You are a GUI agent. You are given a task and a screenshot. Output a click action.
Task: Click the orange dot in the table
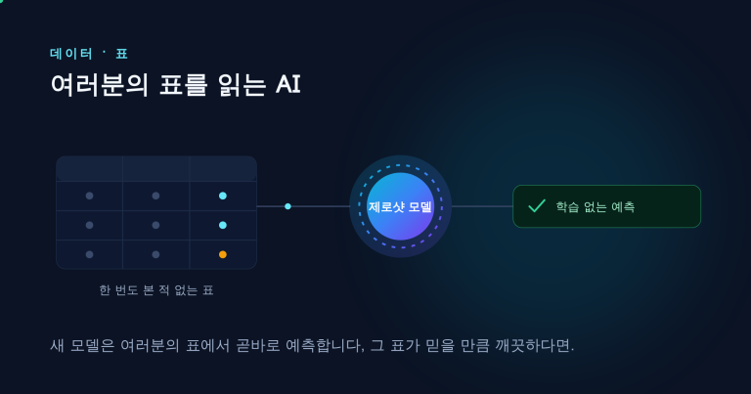[x=223, y=255]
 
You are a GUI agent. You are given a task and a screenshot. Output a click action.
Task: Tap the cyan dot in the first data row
[x=223, y=196]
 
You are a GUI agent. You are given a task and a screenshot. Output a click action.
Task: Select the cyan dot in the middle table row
[x=223, y=225]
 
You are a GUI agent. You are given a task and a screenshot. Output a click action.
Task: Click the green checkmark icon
[x=537, y=206]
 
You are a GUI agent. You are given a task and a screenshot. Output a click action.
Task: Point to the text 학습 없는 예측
[x=596, y=207]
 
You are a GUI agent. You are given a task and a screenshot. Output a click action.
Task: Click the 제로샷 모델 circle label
[x=400, y=207]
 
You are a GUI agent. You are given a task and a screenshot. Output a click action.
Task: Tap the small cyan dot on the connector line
[x=287, y=206]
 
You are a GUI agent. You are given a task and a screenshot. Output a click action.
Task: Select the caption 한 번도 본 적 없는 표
[x=156, y=290]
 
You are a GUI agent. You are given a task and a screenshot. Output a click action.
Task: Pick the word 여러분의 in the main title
[x=99, y=85]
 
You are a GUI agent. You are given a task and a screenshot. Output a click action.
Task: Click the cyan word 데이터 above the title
[x=70, y=54]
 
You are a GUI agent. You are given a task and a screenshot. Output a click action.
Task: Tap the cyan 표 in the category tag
[x=121, y=54]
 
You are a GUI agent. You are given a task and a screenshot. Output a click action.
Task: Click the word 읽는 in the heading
[x=242, y=85]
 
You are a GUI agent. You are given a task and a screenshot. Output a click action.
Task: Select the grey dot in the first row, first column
[x=90, y=196]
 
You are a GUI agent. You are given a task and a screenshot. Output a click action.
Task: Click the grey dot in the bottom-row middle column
[x=155, y=255]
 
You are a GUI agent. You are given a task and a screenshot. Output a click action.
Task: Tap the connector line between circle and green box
[x=482, y=206]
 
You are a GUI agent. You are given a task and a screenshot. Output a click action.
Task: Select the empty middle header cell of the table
[x=156, y=168]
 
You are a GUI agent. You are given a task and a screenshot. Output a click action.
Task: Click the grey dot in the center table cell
[x=155, y=225]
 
